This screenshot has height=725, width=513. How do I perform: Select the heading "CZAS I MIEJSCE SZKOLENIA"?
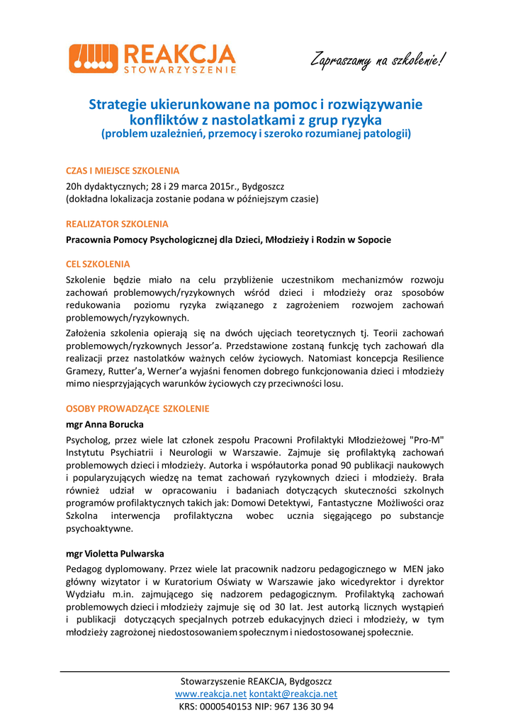123,171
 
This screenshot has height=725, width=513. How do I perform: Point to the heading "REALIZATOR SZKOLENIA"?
117,224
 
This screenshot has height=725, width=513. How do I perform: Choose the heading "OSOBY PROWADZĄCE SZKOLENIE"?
137,409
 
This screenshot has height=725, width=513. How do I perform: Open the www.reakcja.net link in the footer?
210,694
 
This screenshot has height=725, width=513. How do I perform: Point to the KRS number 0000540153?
226,707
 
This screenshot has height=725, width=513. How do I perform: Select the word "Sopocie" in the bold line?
373,239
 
